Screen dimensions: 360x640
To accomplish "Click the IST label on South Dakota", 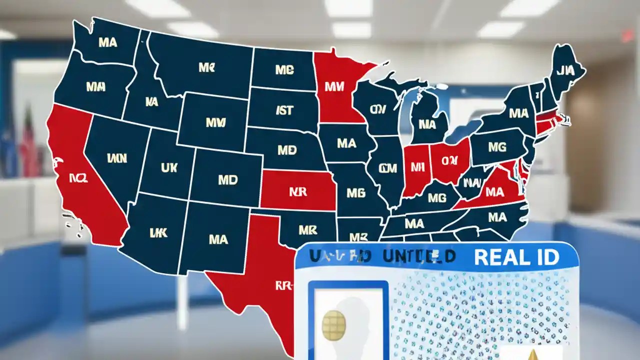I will pos(284,110).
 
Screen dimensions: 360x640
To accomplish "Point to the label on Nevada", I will pos(117,158).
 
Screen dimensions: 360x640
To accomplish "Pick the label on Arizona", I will pos(157,232).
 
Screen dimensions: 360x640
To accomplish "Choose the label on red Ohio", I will pos(449,160).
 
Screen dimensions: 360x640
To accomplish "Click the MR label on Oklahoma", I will pos(308,230).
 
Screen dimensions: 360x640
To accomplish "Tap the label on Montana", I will pos(206,67).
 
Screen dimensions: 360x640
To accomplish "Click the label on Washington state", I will pos(107,42).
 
